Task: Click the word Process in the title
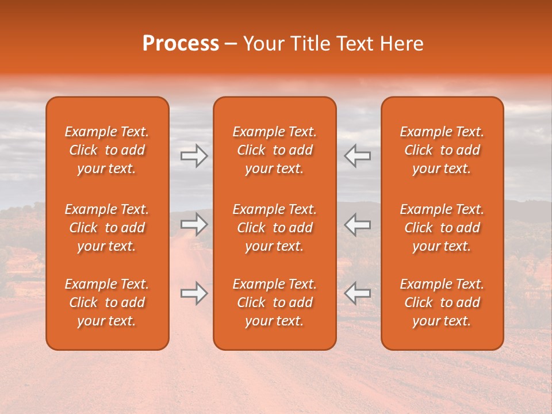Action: [x=181, y=44]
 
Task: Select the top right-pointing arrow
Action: [x=194, y=156]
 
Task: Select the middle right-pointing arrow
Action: [x=194, y=224]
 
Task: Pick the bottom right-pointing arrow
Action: [x=194, y=293]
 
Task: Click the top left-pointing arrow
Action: [x=358, y=156]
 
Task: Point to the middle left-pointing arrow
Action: [x=358, y=224]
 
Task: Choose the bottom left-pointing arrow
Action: [x=358, y=293]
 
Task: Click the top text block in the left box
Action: [x=107, y=150]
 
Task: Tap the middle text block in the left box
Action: [x=107, y=228]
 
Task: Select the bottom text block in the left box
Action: [x=107, y=302]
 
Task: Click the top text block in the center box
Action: [x=275, y=150]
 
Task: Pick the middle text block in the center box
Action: [x=275, y=228]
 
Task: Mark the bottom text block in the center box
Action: [x=275, y=302]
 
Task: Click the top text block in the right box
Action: [x=442, y=150]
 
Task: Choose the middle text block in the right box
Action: [x=442, y=228]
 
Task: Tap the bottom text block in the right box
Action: [x=442, y=302]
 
